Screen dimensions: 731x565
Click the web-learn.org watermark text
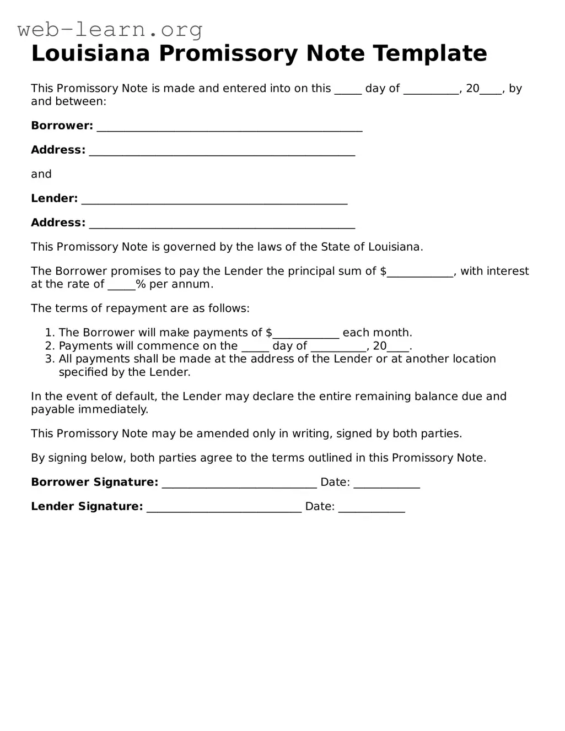tap(110, 29)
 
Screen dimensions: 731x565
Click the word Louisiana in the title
tap(90, 54)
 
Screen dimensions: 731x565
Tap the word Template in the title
tap(429, 54)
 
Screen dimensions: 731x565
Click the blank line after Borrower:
tap(229, 127)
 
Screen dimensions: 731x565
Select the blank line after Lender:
tap(214, 199)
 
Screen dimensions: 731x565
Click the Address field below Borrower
tap(222, 151)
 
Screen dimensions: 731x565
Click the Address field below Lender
tap(222, 224)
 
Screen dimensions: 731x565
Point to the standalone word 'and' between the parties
tap(41, 174)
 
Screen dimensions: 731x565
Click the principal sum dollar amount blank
tap(419, 272)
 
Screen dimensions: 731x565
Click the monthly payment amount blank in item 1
tap(306, 334)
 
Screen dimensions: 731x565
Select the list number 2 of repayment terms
tap(50, 346)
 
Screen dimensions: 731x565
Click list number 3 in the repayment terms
tap(50, 359)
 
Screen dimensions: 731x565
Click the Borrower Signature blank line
tap(239, 484)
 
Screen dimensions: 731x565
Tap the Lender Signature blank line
tap(224, 508)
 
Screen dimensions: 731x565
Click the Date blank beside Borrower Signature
tap(386, 484)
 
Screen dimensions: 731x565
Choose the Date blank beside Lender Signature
tap(372, 508)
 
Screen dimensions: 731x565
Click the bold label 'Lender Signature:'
tap(87, 507)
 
